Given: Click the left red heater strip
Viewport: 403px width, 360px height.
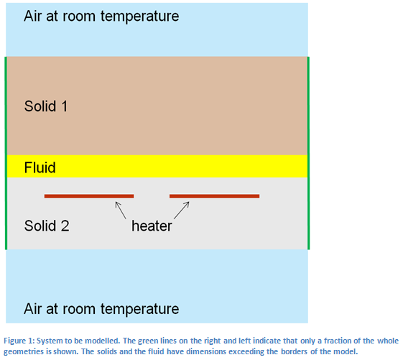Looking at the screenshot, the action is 89,196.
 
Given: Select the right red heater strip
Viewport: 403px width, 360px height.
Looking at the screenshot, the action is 214,196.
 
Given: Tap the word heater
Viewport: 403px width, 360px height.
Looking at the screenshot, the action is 152,226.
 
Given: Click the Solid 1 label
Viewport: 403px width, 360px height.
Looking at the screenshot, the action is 46,106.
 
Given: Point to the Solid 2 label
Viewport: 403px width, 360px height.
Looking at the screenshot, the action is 47,226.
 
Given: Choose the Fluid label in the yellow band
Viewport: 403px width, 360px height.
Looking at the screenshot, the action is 40,167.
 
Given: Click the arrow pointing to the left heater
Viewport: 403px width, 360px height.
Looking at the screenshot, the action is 121,211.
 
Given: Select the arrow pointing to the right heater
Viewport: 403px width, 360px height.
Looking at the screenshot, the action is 182,211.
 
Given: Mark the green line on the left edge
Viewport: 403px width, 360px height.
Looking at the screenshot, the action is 6,153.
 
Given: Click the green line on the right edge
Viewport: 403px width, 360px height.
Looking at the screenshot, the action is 308,153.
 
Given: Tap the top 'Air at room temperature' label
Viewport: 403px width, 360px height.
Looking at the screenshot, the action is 101,16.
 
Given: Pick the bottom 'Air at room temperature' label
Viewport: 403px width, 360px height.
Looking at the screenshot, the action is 101,308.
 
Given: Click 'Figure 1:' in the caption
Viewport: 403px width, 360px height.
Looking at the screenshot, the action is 19,341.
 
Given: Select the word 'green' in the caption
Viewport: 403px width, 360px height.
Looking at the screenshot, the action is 148,341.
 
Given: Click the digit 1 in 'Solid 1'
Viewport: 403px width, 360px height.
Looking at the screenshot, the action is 64,106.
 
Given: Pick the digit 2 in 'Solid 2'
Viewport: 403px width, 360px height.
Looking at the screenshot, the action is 65,226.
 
